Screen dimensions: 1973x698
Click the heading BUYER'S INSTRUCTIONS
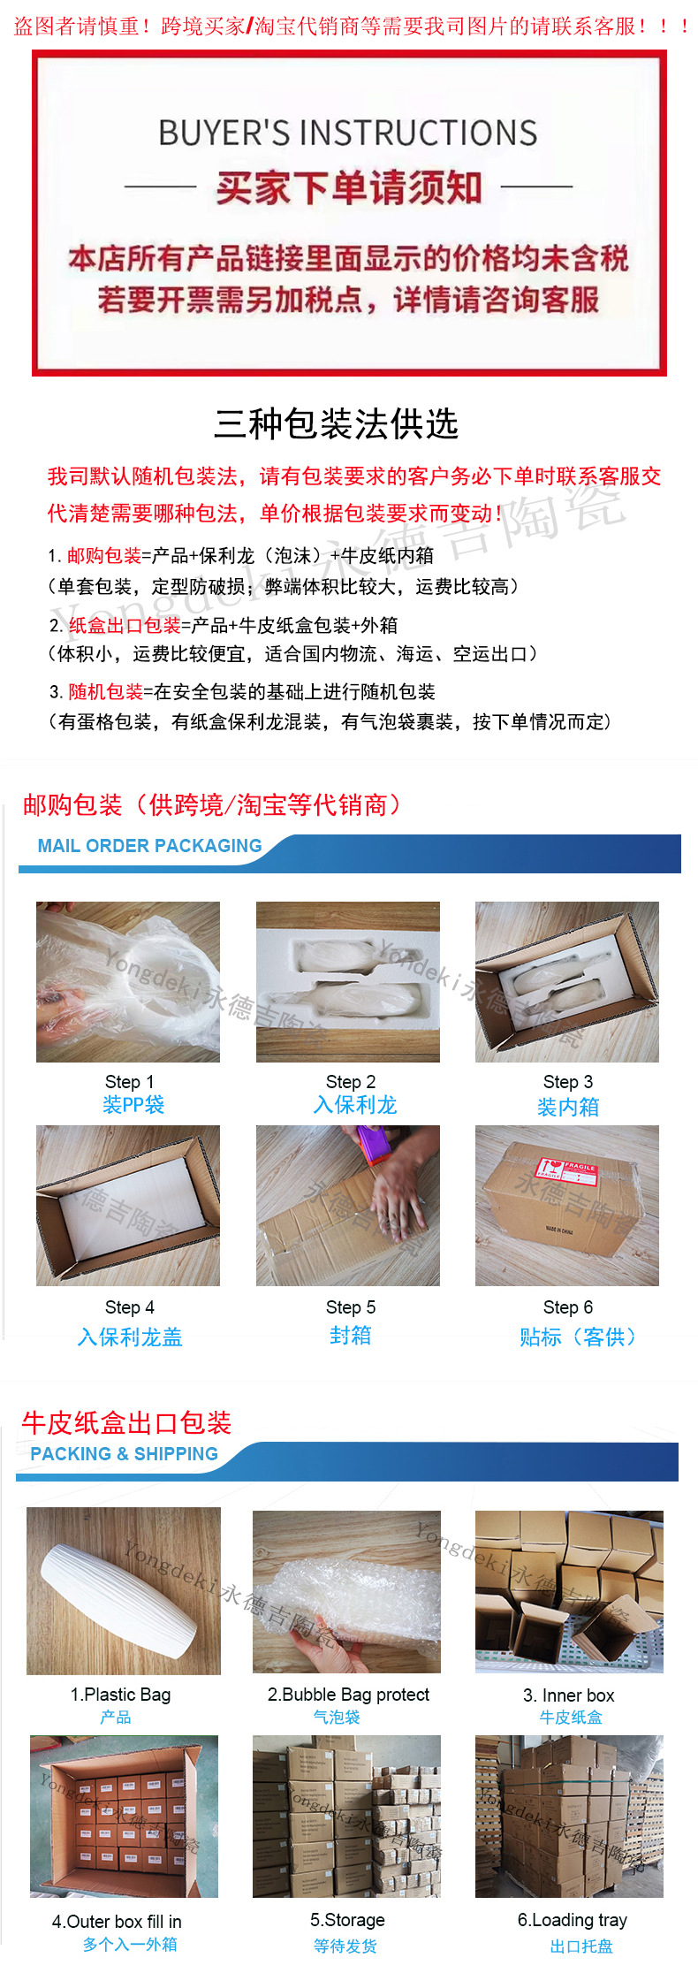(x=347, y=133)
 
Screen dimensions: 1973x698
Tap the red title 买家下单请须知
(x=348, y=187)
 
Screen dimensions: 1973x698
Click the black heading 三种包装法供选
(x=336, y=424)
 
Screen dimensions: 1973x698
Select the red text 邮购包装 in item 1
(x=103, y=556)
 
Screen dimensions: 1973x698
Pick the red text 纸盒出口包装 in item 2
(x=125, y=626)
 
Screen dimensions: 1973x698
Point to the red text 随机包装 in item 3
(x=105, y=692)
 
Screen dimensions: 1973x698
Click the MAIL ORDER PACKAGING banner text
(x=149, y=846)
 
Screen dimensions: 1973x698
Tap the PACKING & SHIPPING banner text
(x=124, y=1454)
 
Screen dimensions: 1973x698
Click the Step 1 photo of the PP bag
(x=128, y=981)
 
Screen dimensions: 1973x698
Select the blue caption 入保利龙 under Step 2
(x=354, y=1105)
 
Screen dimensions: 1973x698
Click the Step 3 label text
(x=567, y=1082)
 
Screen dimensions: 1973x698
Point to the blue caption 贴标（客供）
(x=578, y=1337)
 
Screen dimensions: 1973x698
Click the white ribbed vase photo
(x=124, y=1591)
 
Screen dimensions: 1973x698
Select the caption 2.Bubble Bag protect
(x=348, y=1695)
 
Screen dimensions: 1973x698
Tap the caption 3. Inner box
(x=568, y=1695)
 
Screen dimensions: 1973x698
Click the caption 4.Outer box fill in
(x=117, y=1922)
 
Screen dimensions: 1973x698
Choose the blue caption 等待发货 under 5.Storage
(x=345, y=1946)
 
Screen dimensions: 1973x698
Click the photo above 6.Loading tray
(x=569, y=1817)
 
